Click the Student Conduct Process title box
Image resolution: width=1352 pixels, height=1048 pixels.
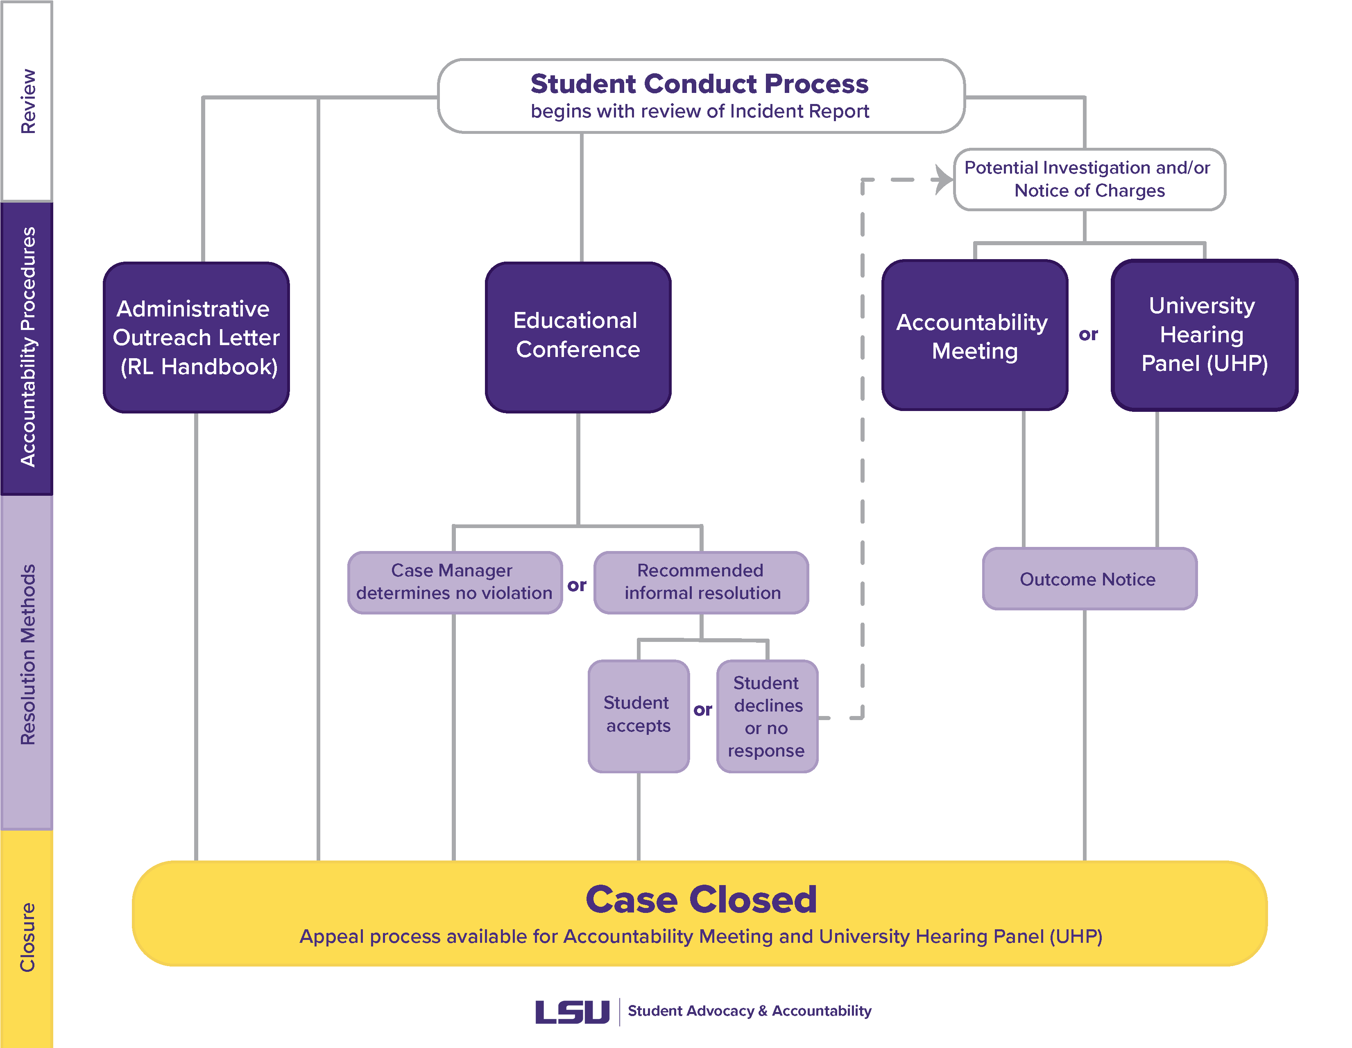[701, 96]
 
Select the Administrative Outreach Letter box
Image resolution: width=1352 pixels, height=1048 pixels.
[196, 338]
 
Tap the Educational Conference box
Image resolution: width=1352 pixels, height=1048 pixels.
[577, 337]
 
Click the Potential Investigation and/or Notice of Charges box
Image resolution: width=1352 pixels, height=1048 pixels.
[1089, 179]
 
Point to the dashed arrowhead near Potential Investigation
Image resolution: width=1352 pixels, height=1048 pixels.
[943, 179]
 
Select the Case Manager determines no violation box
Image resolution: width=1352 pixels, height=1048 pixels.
[454, 582]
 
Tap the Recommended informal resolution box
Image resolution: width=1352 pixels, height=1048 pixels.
[701, 582]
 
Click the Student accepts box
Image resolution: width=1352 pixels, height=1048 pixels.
[638, 715]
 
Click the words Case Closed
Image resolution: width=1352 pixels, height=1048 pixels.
[701, 899]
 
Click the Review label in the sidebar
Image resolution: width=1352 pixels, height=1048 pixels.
[28, 101]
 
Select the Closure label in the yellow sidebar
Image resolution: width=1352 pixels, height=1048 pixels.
[28, 937]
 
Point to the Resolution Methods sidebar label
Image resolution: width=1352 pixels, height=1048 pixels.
[28, 655]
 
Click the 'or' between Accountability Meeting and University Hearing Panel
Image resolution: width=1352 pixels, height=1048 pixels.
[1088, 335]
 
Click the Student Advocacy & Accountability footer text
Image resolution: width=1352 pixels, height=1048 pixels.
[749, 1011]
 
